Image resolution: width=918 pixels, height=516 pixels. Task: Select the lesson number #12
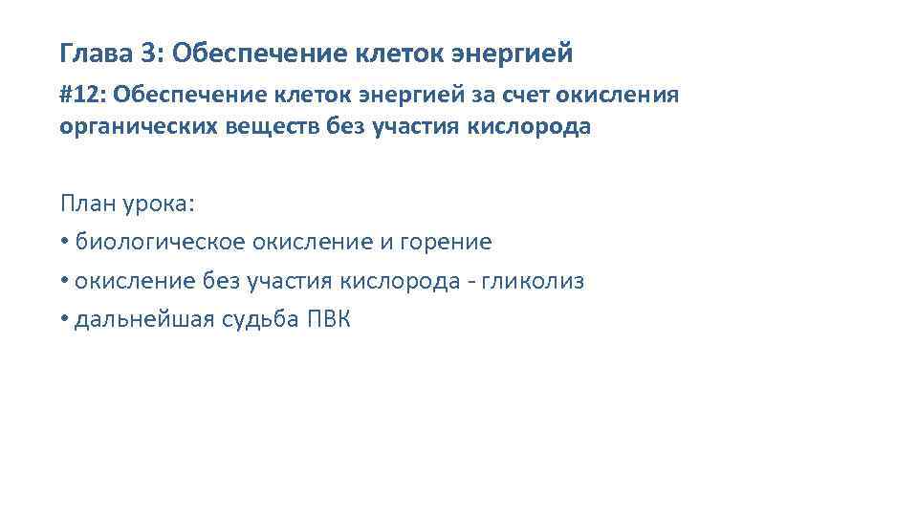[x=79, y=97]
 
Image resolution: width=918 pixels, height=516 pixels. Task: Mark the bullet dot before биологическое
[x=63, y=243]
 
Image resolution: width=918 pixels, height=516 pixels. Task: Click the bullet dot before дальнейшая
[x=63, y=320]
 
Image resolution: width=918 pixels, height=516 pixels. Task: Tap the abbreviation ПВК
[x=329, y=320]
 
